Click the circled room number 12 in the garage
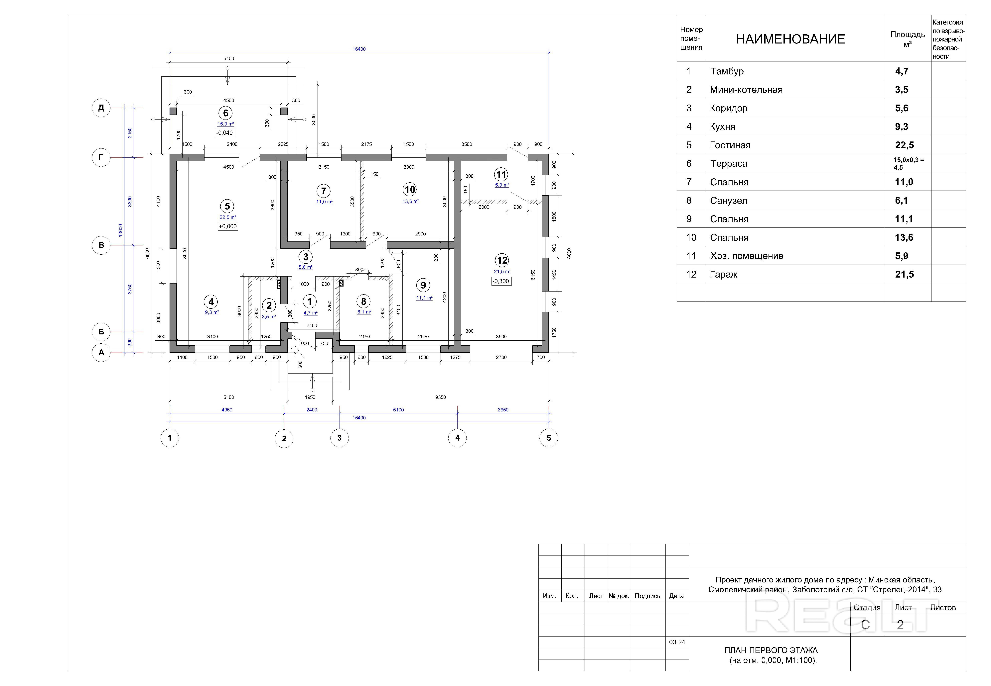(x=502, y=260)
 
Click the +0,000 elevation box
(x=228, y=226)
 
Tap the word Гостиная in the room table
(x=730, y=145)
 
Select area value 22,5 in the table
(x=905, y=145)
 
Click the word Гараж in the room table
(x=723, y=275)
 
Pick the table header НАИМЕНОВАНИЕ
(x=790, y=39)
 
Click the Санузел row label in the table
(x=729, y=201)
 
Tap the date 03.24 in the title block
(x=677, y=642)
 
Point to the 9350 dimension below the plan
(x=440, y=397)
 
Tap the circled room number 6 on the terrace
(x=225, y=113)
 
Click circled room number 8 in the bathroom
(x=363, y=301)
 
